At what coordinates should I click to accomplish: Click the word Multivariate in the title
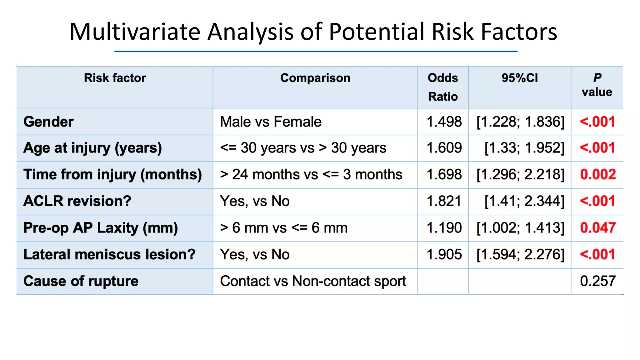[x=135, y=32]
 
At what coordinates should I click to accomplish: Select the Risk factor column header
[x=115, y=78]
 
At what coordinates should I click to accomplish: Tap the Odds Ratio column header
[x=443, y=87]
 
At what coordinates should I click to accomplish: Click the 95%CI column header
[x=520, y=78]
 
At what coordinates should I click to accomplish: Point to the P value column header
[x=597, y=85]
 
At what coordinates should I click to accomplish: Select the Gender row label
[x=48, y=122]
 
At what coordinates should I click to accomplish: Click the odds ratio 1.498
[x=444, y=122]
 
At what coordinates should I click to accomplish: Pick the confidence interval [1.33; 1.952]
[x=524, y=148]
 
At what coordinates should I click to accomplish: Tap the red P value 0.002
[x=598, y=174]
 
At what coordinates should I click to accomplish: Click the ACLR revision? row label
[x=77, y=201]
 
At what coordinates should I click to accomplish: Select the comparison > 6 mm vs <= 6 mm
[x=283, y=228]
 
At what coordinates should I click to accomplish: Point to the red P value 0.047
[x=598, y=228]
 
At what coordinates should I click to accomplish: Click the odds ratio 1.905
[x=444, y=254]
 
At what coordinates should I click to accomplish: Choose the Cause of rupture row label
[x=81, y=281]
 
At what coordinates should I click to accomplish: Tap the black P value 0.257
[x=598, y=281]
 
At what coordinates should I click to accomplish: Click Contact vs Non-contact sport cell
[x=313, y=281]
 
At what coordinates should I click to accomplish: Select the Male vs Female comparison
[x=271, y=122]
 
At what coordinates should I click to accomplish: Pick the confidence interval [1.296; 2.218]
[x=520, y=174]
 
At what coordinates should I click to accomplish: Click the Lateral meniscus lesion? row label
[x=109, y=254]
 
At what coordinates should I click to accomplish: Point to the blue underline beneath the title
[x=316, y=51]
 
